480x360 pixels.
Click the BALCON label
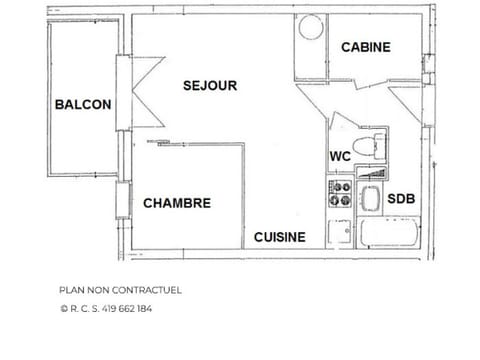[83, 104]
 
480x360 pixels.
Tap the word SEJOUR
[210, 86]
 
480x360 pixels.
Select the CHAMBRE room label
[177, 203]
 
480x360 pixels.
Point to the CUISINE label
[279, 237]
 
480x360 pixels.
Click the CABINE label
[366, 47]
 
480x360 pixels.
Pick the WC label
[340, 156]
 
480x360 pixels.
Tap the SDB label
[401, 198]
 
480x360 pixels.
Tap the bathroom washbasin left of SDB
[370, 195]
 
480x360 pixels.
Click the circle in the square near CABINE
[311, 27]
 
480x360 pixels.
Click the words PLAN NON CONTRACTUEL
[120, 291]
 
